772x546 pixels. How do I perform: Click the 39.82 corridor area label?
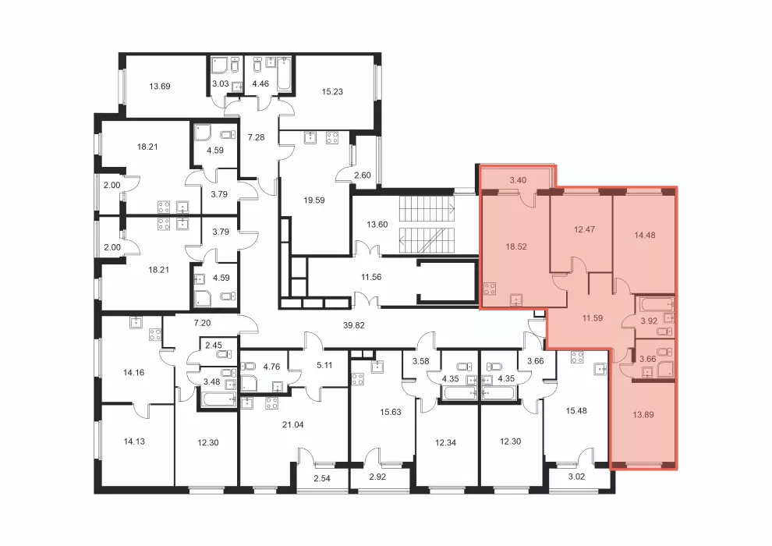(x=353, y=325)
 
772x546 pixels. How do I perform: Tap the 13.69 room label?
(x=160, y=87)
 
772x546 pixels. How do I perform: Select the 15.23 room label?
(x=332, y=91)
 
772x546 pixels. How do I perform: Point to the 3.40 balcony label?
(x=518, y=180)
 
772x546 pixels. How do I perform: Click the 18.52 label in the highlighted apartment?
(x=516, y=246)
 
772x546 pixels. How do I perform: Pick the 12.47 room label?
(x=584, y=229)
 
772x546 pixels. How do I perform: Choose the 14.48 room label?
(x=644, y=236)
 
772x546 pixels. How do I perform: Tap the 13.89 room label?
(x=643, y=415)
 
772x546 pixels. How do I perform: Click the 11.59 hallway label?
(x=593, y=318)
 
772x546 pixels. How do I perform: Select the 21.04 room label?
(x=292, y=425)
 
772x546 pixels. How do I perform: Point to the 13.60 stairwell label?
(x=377, y=225)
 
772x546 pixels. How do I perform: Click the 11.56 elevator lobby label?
(x=371, y=277)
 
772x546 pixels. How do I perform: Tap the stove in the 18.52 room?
(x=490, y=288)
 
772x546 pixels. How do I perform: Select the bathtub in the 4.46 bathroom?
(x=285, y=74)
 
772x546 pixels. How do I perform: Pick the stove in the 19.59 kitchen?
(x=332, y=137)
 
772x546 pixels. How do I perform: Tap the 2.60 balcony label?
(x=363, y=175)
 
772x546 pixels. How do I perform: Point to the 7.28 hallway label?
(x=256, y=137)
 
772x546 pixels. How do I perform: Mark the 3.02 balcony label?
(x=576, y=477)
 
